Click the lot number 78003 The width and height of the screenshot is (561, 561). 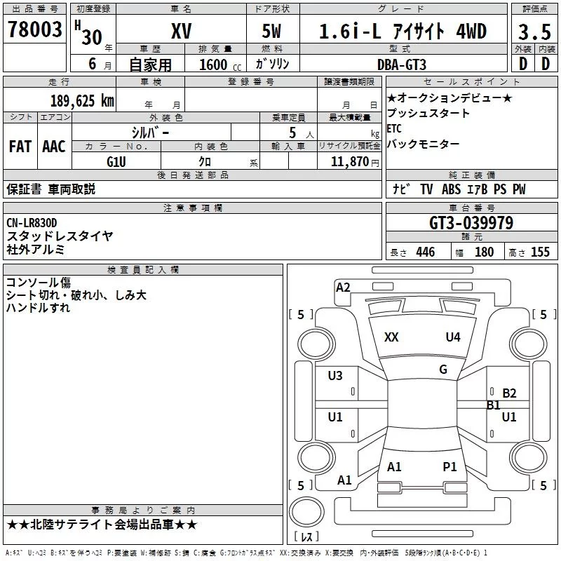point(35,29)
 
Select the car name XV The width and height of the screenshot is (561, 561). point(181,31)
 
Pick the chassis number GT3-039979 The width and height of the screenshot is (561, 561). point(471,223)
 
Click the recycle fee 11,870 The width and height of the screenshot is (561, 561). point(349,161)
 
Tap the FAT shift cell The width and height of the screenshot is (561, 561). point(20,146)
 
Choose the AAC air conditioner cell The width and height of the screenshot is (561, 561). point(54,146)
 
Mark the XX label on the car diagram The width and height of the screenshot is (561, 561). point(391,337)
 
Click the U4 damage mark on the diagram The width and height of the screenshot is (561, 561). point(453,337)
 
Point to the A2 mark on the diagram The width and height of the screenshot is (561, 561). point(343,287)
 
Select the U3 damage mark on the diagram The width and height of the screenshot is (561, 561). point(335,376)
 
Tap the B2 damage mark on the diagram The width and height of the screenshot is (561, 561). point(509,393)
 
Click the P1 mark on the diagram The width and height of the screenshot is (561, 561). point(450,466)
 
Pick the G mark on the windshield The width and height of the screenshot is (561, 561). point(443,370)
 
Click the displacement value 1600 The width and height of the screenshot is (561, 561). point(213,65)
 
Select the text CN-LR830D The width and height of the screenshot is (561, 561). point(32,223)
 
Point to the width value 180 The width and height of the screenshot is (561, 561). point(484,252)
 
